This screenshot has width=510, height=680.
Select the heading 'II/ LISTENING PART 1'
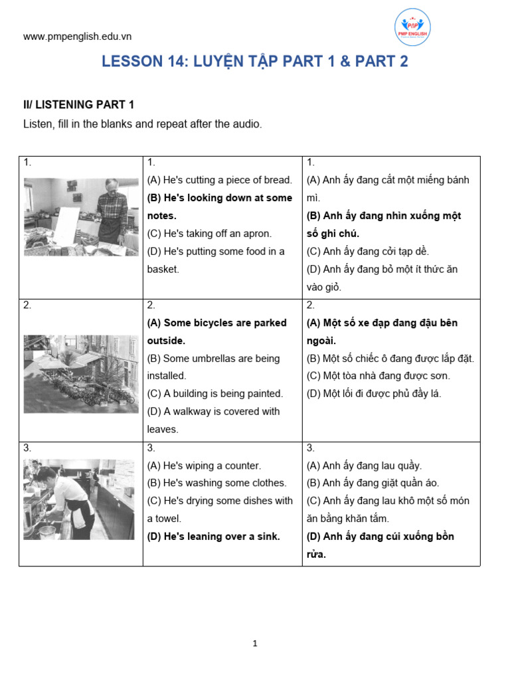78,104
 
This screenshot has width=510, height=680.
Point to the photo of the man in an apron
81,216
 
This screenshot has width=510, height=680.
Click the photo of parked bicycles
81,373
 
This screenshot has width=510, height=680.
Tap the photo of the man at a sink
79,499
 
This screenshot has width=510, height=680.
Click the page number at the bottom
255,643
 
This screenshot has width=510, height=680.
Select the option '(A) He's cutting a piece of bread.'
219,180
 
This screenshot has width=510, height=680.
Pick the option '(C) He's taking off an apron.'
209,234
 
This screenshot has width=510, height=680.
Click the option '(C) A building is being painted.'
214,394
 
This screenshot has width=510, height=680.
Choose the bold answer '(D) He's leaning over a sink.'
213,537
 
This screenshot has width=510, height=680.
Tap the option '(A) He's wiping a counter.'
204,466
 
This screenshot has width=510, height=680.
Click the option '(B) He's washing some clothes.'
216,483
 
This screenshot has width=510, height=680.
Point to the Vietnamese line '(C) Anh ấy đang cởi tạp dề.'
367,252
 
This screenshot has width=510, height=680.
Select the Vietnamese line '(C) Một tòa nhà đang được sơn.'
378,376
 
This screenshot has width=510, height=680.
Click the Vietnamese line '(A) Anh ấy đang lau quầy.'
364,466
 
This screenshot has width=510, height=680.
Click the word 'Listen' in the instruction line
37,124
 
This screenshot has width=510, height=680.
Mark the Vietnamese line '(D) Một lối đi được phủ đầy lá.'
373,394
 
